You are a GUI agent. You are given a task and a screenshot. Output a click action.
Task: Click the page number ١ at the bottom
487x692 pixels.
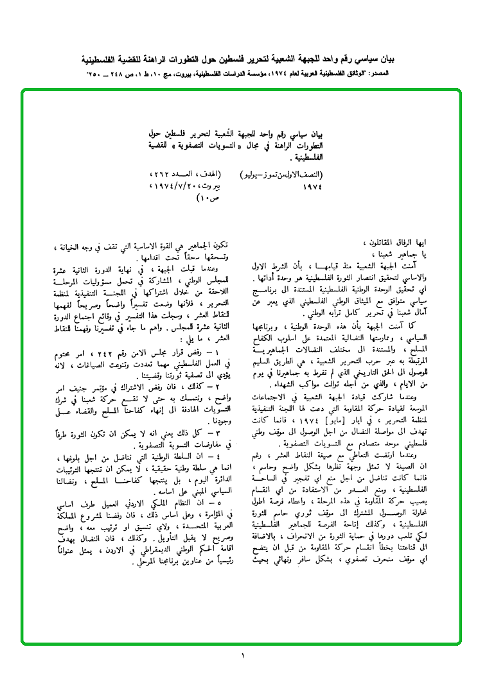tap(243, 655)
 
